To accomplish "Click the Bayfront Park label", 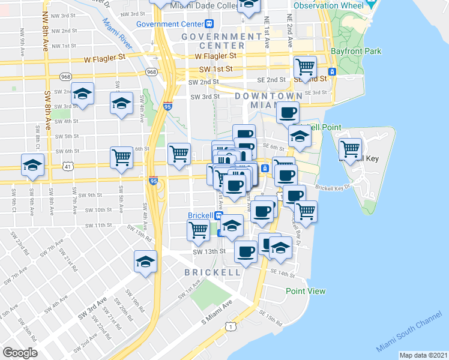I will click(359, 51).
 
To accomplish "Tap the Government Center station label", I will click(171, 24).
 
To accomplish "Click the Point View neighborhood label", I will click(306, 291).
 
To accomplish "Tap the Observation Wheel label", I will click(328, 5).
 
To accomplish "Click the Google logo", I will click(20, 353).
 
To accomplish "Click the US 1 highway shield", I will click(231, 325).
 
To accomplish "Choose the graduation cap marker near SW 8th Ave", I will click(83, 94).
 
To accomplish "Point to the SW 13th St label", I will click(208, 251).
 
